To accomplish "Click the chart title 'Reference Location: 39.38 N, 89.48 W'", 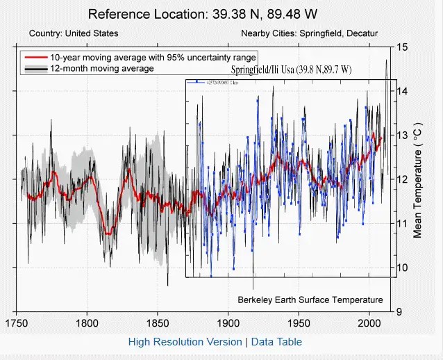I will point(193,14).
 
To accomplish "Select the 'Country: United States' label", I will point(74,33).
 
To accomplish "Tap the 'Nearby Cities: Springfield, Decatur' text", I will point(310,33).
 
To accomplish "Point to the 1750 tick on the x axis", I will point(16,322).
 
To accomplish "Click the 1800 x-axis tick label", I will point(87,322).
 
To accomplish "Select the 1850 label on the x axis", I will point(158,322).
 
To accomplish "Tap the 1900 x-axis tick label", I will point(228,322).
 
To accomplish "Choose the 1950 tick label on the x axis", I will point(299,322).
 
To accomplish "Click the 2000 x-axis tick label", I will point(369,322).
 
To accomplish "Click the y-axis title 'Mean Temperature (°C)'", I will point(418,179).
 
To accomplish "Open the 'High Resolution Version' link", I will point(184,341).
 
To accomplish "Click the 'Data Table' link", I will point(276,341).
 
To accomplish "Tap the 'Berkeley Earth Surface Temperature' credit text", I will point(310,300).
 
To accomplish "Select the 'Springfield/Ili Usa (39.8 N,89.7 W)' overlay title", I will point(292,70).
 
